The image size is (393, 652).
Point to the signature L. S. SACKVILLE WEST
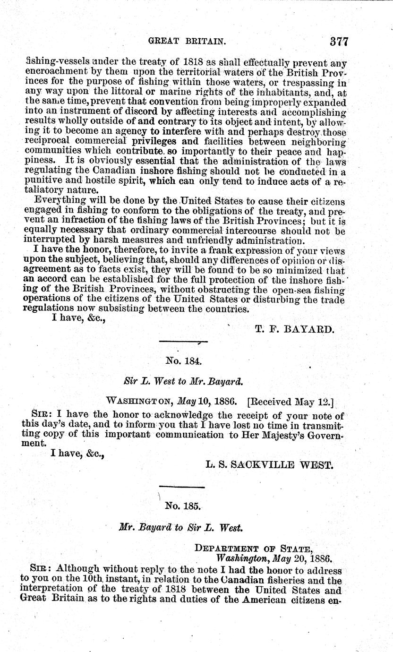click(270, 465)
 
